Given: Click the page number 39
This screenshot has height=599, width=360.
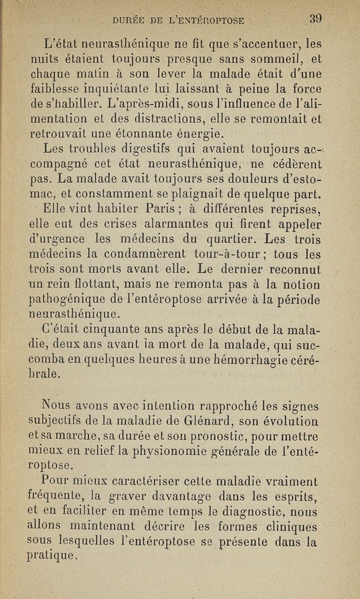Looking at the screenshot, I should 317,19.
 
